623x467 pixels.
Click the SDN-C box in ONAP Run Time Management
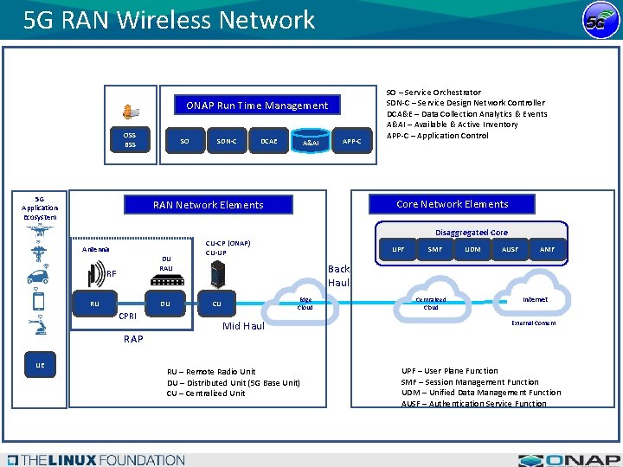(226, 140)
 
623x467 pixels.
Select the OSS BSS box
(130, 139)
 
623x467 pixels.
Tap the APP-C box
(352, 140)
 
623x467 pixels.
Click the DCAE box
(268, 140)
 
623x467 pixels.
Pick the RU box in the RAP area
(94, 304)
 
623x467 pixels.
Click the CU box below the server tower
(216, 304)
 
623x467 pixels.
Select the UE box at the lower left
(40, 366)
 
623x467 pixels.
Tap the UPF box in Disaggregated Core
(398, 249)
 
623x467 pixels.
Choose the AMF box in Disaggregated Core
(547, 249)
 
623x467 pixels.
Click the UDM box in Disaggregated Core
(472, 249)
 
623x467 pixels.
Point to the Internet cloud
(534, 300)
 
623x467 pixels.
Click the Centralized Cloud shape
(431, 303)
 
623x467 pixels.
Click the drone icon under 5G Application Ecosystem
(39, 231)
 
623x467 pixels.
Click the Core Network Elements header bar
(452, 204)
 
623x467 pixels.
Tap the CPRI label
(128, 317)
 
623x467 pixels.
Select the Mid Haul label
(243, 326)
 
